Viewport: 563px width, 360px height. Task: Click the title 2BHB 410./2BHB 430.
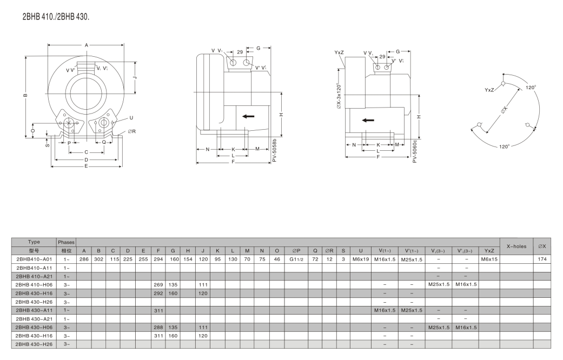[x=56, y=17]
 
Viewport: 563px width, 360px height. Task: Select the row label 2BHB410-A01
[x=34, y=259]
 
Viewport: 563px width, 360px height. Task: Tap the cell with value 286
[x=84, y=259]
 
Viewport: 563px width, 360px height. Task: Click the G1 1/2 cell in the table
[x=296, y=259]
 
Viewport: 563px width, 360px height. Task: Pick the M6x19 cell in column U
[x=361, y=259]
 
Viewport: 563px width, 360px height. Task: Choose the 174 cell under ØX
[x=542, y=259]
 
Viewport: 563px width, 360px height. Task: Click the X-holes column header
[x=516, y=246]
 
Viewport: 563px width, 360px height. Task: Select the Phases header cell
[x=67, y=242]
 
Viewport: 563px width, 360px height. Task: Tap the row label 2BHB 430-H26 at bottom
[x=34, y=344]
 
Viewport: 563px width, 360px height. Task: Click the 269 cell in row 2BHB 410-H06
[x=158, y=285]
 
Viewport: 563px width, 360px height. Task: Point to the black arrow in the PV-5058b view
[x=248, y=116]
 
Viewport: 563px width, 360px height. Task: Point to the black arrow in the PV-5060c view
[x=368, y=120]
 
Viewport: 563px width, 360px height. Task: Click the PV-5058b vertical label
[x=274, y=150]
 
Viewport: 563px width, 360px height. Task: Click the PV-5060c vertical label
[x=415, y=151]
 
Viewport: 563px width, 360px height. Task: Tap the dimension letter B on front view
[x=25, y=96]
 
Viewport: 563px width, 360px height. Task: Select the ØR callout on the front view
[x=132, y=131]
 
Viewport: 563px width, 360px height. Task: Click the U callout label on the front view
[x=131, y=118]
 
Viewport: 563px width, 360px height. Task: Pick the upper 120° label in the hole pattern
[x=531, y=87]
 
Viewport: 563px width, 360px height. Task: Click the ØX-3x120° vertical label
[x=339, y=96]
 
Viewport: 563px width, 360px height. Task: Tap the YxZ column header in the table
[x=489, y=250]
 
